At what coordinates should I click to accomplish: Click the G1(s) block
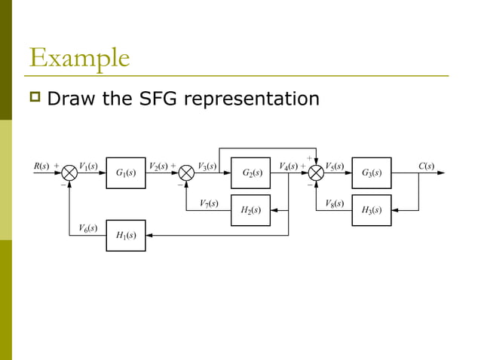click(126, 173)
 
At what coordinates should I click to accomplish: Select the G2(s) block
click(251, 173)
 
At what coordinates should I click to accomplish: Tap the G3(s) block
click(372, 173)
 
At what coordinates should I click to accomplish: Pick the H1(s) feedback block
click(126, 235)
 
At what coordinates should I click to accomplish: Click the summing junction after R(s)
click(69, 173)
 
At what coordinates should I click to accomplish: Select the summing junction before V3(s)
click(187, 173)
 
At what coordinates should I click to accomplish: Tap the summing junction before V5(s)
click(315, 173)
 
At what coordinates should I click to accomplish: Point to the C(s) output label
click(426, 166)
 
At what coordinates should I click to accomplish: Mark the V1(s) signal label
click(89, 166)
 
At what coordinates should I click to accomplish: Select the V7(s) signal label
click(209, 203)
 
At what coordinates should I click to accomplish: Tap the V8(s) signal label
click(335, 203)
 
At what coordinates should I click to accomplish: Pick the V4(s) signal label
click(288, 166)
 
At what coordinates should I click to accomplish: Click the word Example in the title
click(79, 58)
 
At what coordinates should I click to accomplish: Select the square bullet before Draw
click(35, 99)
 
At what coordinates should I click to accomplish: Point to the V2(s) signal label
click(159, 166)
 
